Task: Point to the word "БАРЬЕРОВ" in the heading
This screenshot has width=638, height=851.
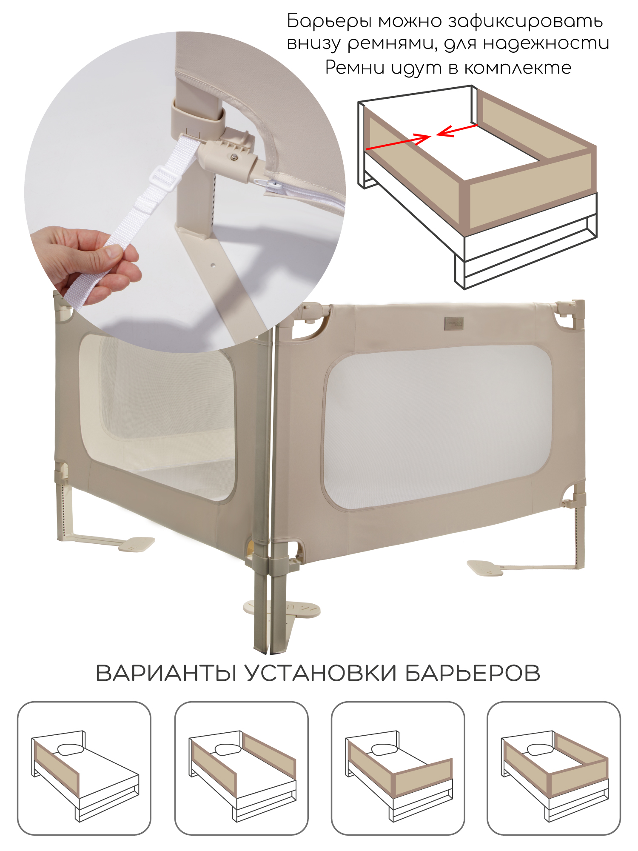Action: click(473, 674)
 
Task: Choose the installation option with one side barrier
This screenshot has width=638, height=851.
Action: click(84, 768)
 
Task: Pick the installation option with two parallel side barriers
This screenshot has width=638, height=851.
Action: click(241, 768)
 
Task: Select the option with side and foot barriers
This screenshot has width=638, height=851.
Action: click(398, 768)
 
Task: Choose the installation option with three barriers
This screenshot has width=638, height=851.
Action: click(554, 768)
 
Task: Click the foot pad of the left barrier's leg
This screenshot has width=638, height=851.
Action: click(137, 545)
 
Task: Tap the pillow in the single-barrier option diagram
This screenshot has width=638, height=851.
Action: click(70, 749)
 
